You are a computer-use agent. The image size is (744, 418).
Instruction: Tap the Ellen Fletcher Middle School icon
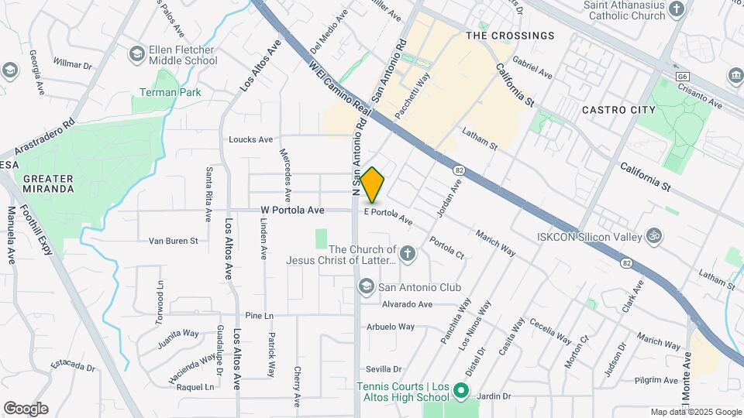point(136,54)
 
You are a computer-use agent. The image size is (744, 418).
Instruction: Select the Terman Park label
point(170,92)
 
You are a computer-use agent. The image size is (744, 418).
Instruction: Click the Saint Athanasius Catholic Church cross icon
point(677,9)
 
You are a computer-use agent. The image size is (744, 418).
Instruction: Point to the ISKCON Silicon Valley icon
point(654,234)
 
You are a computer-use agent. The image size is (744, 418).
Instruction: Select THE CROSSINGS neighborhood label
point(511,36)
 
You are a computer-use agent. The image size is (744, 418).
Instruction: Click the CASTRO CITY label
point(618,110)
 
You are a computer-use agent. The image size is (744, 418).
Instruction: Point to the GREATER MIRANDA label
point(48,183)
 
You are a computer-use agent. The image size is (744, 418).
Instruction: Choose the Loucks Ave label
point(251,140)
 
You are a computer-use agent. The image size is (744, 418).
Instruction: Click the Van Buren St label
point(174,241)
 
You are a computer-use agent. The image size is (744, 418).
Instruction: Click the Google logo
point(26,409)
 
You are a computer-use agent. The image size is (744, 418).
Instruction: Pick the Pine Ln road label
point(260,316)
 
